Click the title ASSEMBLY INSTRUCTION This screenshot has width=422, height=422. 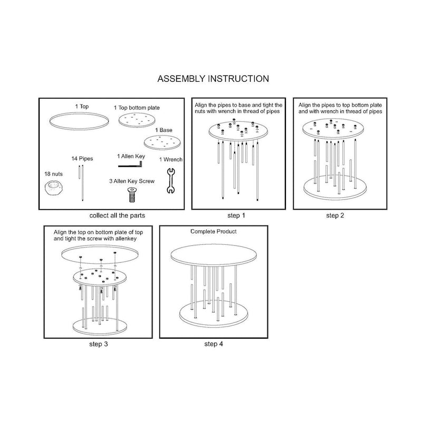213,79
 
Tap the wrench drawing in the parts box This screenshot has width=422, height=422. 171,181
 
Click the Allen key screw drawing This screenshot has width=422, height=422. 131,195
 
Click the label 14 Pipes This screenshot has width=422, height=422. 82,159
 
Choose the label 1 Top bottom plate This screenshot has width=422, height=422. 137,108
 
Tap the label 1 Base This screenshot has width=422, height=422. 164,130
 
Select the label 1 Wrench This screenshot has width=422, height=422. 171,159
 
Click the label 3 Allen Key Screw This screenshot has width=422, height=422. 132,181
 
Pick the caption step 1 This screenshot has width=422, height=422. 236,215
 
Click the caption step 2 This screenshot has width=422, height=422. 335,215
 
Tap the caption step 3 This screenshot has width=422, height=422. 99,344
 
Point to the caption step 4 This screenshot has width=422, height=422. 214,344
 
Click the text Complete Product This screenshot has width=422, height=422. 214,232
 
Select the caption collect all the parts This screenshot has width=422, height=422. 117,215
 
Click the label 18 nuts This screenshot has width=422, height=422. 54,174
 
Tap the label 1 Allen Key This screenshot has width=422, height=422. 131,156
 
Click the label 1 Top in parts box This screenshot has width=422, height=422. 82,107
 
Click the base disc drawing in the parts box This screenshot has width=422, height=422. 162,142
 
